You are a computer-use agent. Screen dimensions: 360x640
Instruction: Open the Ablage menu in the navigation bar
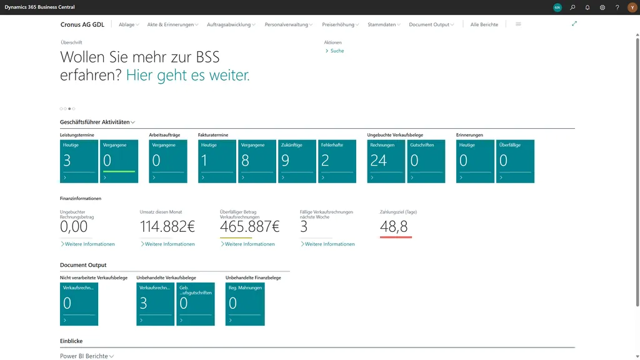point(128,24)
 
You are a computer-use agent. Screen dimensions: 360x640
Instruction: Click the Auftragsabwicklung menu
point(231,24)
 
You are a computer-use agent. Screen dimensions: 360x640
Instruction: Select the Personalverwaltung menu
point(288,24)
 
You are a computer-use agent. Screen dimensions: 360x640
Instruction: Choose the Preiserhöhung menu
point(340,24)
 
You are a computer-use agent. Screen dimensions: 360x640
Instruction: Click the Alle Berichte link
point(484,24)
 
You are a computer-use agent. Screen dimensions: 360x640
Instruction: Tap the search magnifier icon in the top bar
point(572,7)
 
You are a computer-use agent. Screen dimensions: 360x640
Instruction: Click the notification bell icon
point(587,7)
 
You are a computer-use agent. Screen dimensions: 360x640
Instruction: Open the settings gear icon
point(602,7)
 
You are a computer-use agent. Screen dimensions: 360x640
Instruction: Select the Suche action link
point(337,51)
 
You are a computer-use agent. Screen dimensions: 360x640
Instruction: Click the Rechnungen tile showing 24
point(386,161)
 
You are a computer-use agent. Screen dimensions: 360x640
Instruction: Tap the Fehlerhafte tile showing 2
point(337,161)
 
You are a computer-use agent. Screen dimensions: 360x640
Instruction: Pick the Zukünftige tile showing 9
point(297,161)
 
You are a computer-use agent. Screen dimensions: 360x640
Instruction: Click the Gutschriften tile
point(426,161)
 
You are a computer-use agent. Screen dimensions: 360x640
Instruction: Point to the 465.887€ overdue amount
point(250,226)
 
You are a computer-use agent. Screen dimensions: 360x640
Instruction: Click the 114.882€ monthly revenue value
point(167,226)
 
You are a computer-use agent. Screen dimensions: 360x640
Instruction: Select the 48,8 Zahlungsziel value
point(394,227)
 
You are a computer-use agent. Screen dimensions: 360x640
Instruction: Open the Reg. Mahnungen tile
point(245,304)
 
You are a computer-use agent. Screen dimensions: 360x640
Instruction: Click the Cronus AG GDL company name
point(83,24)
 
